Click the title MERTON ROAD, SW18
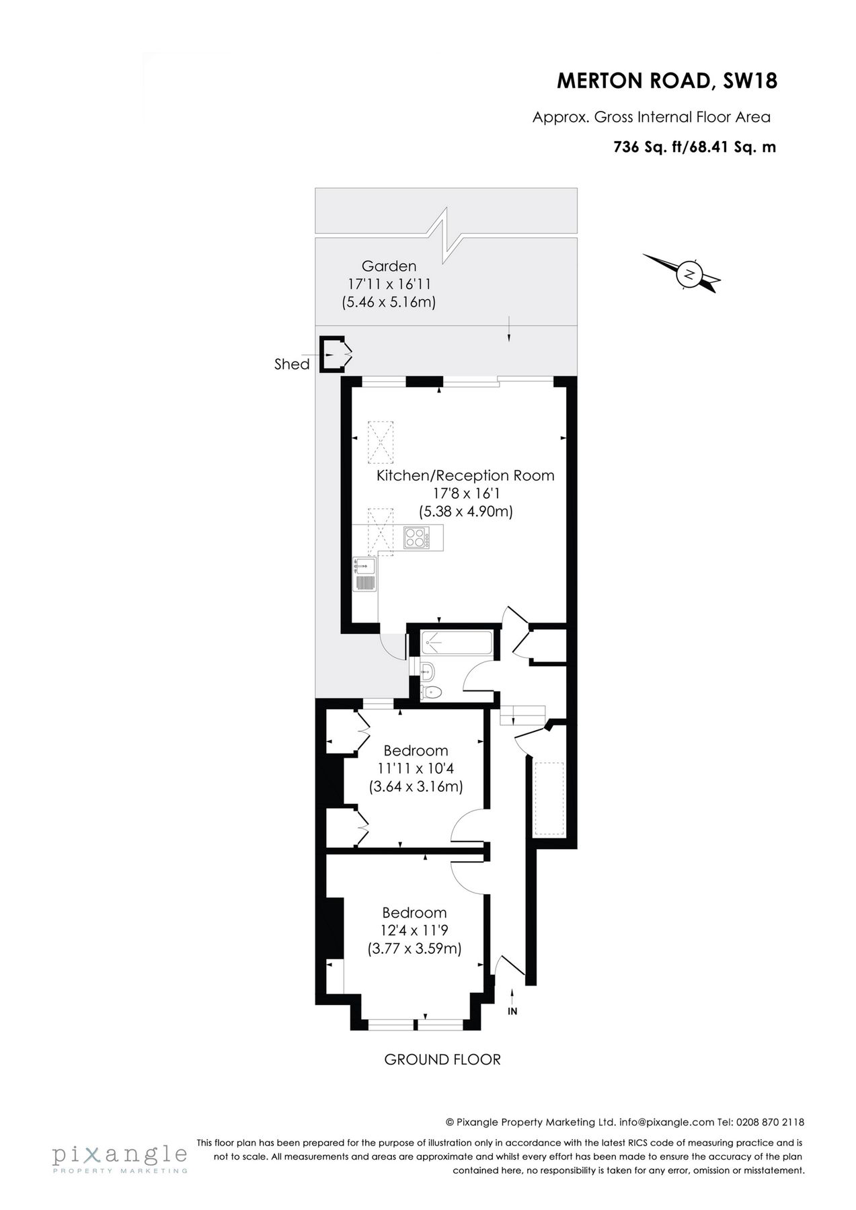667,81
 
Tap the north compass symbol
689,274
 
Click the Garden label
389,266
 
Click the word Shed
292,364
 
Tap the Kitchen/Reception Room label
465,476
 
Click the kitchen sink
365,575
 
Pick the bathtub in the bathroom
457,643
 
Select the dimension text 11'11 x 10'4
415,768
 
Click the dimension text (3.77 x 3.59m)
414,949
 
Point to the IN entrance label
512,1011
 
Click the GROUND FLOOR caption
442,1060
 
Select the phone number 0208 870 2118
770,1122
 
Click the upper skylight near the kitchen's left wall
381,442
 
